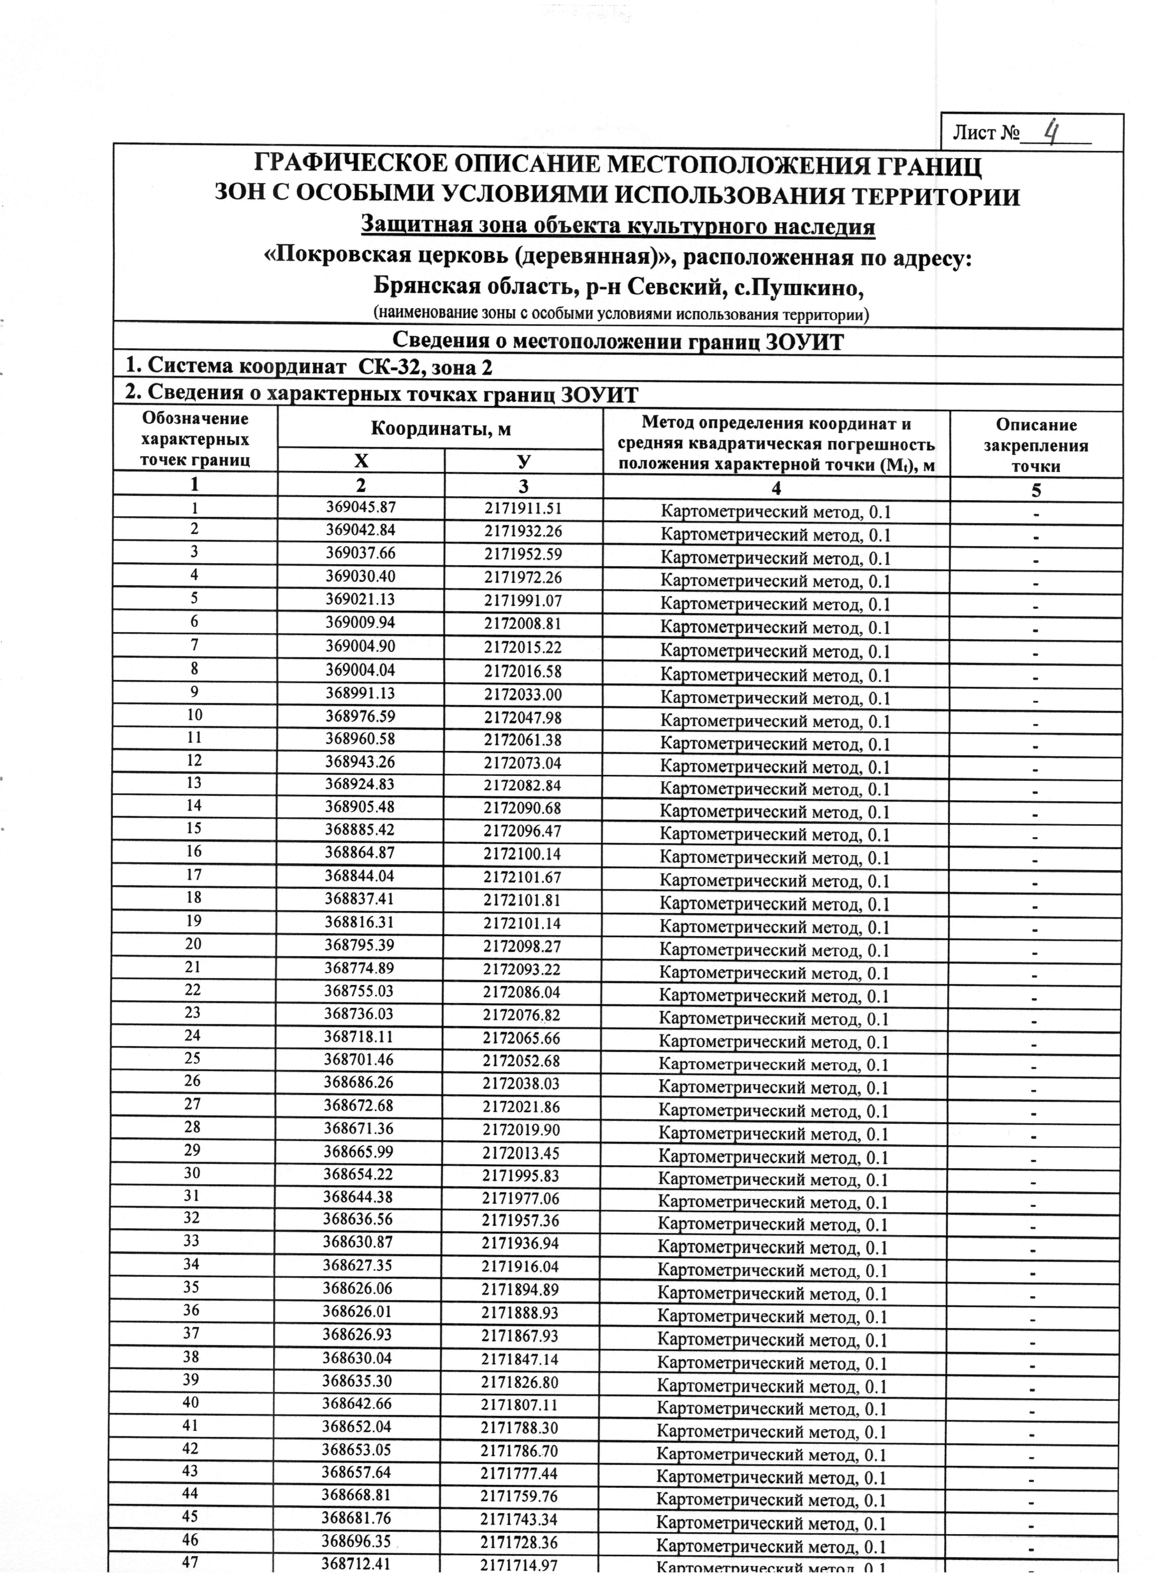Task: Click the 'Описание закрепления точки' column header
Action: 1036,445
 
